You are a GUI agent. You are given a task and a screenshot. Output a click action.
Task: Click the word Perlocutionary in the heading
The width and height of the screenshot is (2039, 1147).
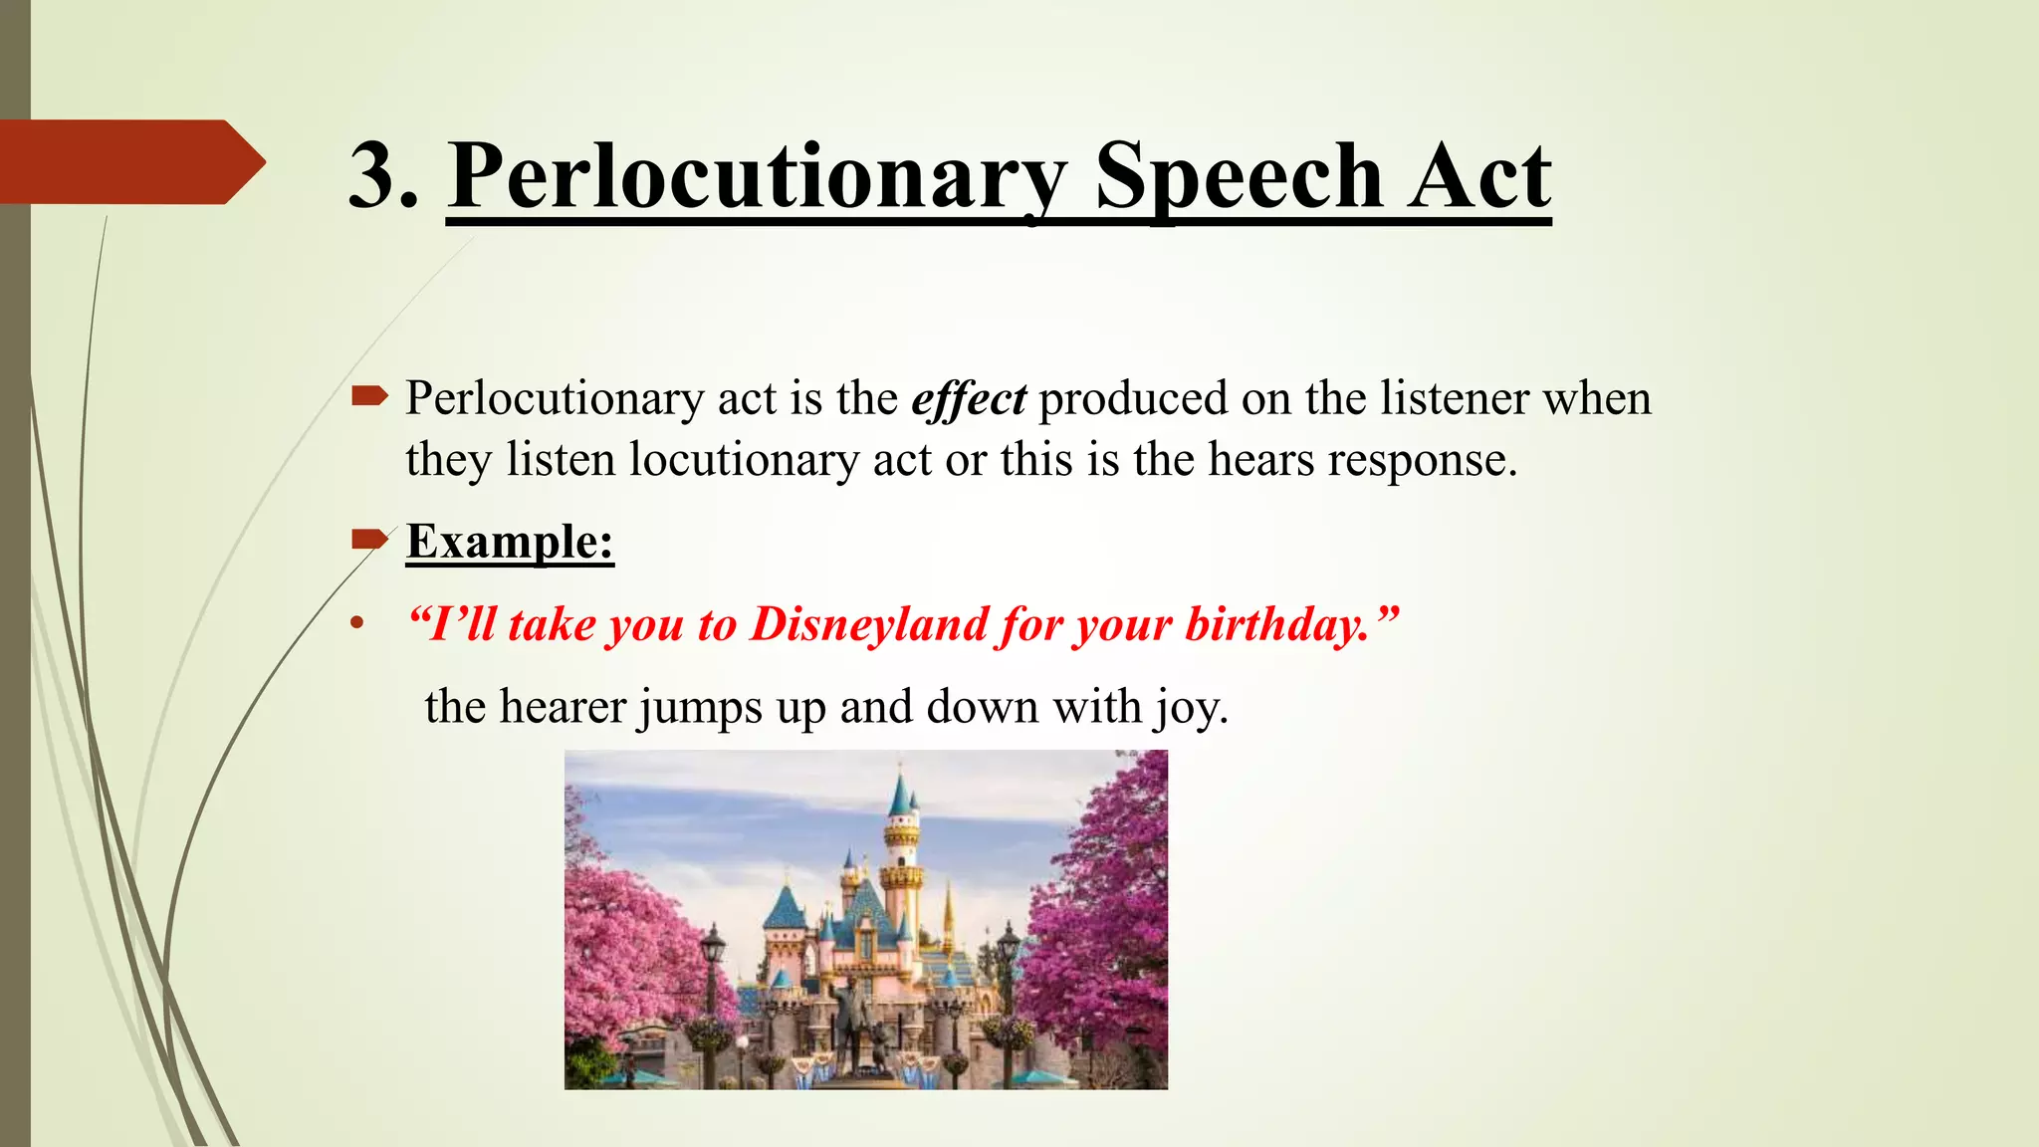(x=757, y=176)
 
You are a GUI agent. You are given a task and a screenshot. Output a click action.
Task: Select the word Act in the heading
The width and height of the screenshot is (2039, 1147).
(x=1479, y=176)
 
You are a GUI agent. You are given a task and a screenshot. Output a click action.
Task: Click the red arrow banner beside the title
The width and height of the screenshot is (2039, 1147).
(x=129, y=161)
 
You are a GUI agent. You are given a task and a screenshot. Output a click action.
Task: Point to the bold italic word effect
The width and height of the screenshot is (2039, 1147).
(x=969, y=399)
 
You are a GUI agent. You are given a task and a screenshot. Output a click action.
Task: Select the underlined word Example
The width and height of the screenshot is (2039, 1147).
(x=509, y=542)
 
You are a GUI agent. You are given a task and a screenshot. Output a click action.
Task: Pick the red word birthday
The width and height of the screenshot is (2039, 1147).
(x=1278, y=624)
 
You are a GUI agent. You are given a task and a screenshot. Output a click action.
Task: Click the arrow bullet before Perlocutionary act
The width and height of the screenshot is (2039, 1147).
(x=369, y=397)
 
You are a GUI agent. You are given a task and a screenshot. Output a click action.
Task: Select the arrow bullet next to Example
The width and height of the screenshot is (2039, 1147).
(x=369, y=540)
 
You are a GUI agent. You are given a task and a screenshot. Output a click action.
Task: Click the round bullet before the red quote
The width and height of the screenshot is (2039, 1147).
(x=356, y=625)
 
